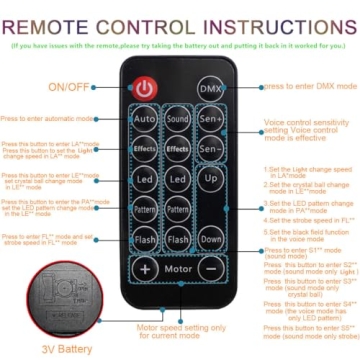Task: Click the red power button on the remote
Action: click(146, 88)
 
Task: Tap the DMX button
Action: click(211, 88)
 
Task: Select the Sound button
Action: click(178, 120)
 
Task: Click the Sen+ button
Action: click(210, 120)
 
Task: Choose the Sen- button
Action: click(210, 149)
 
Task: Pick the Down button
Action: click(210, 240)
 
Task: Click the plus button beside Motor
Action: click(146, 270)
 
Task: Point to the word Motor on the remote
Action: click(178, 270)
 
